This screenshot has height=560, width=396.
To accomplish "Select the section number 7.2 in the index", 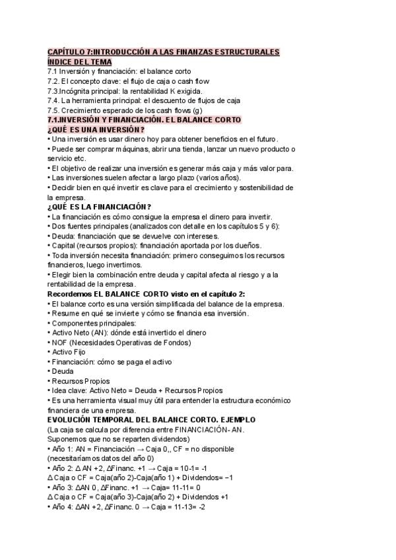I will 53,81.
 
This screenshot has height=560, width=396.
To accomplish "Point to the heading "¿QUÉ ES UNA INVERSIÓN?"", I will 96,129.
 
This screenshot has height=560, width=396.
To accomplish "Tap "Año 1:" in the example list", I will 63,449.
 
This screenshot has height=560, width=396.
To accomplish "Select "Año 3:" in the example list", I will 63,487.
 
